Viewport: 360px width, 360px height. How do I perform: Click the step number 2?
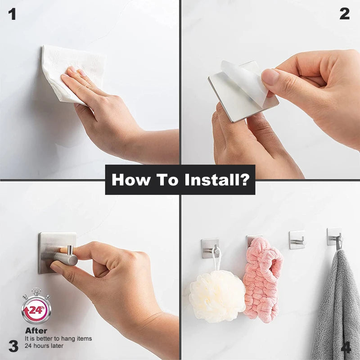click(x=344, y=14)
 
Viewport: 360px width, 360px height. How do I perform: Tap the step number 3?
click(x=13, y=346)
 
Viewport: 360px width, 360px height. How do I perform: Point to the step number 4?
click(x=346, y=347)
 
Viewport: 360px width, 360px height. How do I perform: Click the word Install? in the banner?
click(x=217, y=180)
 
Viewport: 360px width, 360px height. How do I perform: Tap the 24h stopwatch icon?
click(x=36, y=308)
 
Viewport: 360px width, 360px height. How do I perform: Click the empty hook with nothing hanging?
click(x=297, y=240)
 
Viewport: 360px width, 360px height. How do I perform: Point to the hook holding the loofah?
click(x=211, y=248)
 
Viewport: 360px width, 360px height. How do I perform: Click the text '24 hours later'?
click(x=44, y=346)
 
